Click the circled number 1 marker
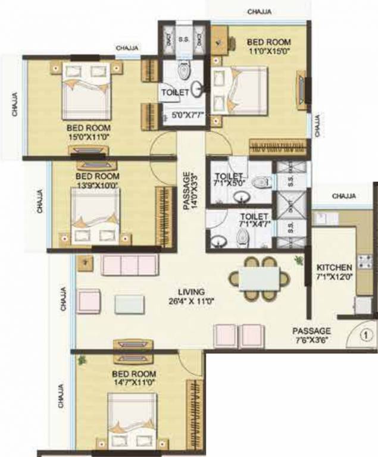pos(367,334)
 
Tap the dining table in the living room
pos(260,278)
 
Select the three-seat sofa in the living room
pos(129,264)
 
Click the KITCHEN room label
pos(335,268)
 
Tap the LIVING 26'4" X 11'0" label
pos(192,296)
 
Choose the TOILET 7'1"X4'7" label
pos(254,220)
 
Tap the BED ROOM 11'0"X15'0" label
pos(269,46)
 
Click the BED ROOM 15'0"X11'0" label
pos(89,132)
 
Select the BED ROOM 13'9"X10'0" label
pos(97,180)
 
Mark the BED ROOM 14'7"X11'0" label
pos(133,378)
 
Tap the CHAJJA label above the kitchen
pos(344,196)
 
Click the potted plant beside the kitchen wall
pos(298,259)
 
